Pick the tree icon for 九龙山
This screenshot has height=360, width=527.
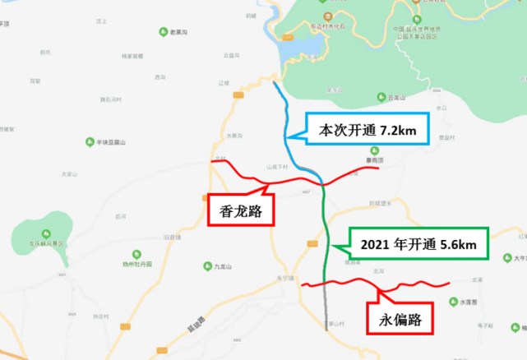tap(207, 265)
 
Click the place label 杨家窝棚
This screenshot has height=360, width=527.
tap(132, 57)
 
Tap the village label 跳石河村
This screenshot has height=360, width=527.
tap(110, 99)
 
